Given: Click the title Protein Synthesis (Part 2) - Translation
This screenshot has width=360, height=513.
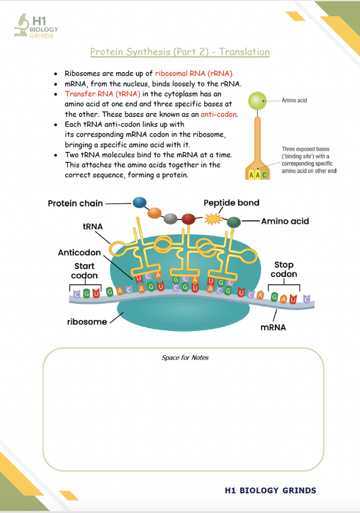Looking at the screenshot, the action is click(x=180, y=52).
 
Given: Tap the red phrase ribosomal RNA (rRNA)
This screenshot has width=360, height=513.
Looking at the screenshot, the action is click(x=194, y=73).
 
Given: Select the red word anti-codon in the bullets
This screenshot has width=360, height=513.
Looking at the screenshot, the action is click(x=219, y=114).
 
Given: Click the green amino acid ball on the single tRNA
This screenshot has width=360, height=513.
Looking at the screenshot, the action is click(x=257, y=101).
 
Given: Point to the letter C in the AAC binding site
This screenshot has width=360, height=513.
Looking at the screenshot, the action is click(x=264, y=175).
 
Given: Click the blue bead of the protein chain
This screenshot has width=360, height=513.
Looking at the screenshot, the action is click(x=140, y=203).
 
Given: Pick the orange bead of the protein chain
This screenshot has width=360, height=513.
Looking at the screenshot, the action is click(x=154, y=213).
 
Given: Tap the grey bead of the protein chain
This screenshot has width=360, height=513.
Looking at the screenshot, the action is click(x=171, y=219).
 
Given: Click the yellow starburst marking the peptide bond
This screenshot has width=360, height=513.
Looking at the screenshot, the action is click(x=214, y=219).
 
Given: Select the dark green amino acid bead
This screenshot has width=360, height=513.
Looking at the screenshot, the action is click(x=234, y=223).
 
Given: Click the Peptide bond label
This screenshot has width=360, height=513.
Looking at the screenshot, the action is click(x=231, y=203).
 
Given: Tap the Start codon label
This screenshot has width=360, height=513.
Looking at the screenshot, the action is click(x=85, y=271).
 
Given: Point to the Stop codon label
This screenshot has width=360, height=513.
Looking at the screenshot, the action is click(x=283, y=269).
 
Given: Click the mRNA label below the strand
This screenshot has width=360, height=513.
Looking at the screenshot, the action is click(x=273, y=327).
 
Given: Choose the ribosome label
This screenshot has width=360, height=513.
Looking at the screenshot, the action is click(x=87, y=322).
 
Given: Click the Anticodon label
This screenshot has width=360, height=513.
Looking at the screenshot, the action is click(x=79, y=253).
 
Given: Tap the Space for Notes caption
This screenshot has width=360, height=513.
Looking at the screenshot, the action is click(x=185, y=357).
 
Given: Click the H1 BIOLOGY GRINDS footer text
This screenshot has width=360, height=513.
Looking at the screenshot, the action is click(x=270, y=491).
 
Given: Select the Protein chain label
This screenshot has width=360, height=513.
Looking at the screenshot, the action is click(x=75, y=204).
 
